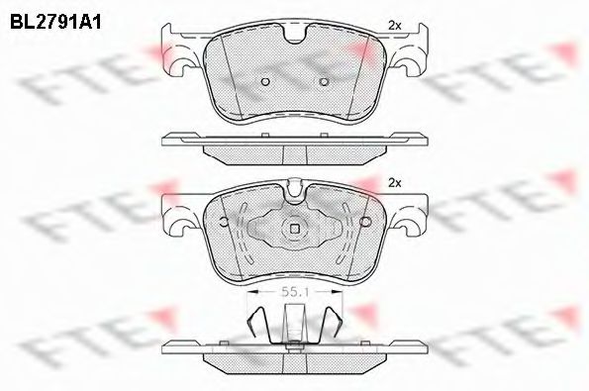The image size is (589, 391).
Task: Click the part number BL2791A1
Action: pyautogui.click(x=55, y=22)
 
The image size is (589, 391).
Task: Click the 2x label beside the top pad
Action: pyautogui.click(x=395, y=26)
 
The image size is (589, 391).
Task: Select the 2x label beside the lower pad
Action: pyautogui.click(x=395, y=183)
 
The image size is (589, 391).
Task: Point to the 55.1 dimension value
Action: pyautogui.click(x=295, y=292)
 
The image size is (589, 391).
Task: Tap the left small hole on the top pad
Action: pyautogui.click(x=265, y=81)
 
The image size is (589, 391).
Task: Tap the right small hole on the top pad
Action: pyautogui.click(x=324, y=81)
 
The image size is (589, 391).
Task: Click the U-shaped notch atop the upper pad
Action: pyautogui.click(x=295, y=35)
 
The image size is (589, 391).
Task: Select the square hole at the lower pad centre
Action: pyautogui.click(x=295, y=229)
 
